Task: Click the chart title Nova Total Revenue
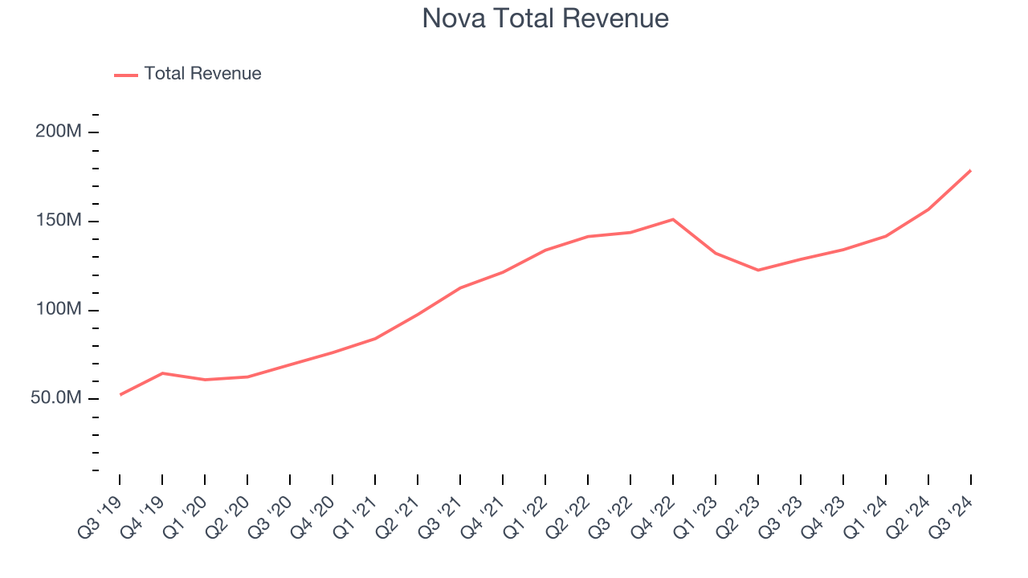point(545,18)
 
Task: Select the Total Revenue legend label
point(202,74)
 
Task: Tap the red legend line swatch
point(126,75)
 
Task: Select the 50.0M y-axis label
point(56,399)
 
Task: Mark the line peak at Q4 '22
point(673,219)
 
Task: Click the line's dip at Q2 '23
point(758,270)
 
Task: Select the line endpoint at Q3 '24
point(970,170)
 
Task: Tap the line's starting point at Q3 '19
point(120,395)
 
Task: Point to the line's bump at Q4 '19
point(162,373)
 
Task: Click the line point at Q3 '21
point(460,287)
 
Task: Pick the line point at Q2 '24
point(928,209)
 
